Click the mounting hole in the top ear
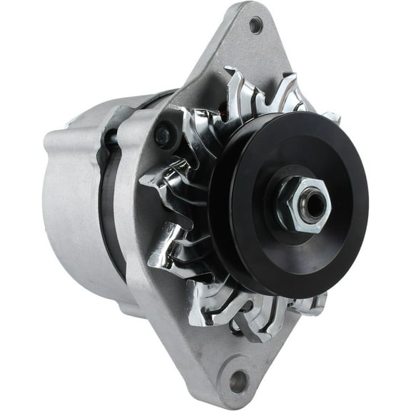[255, 26]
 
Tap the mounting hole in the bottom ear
[236, 380]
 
